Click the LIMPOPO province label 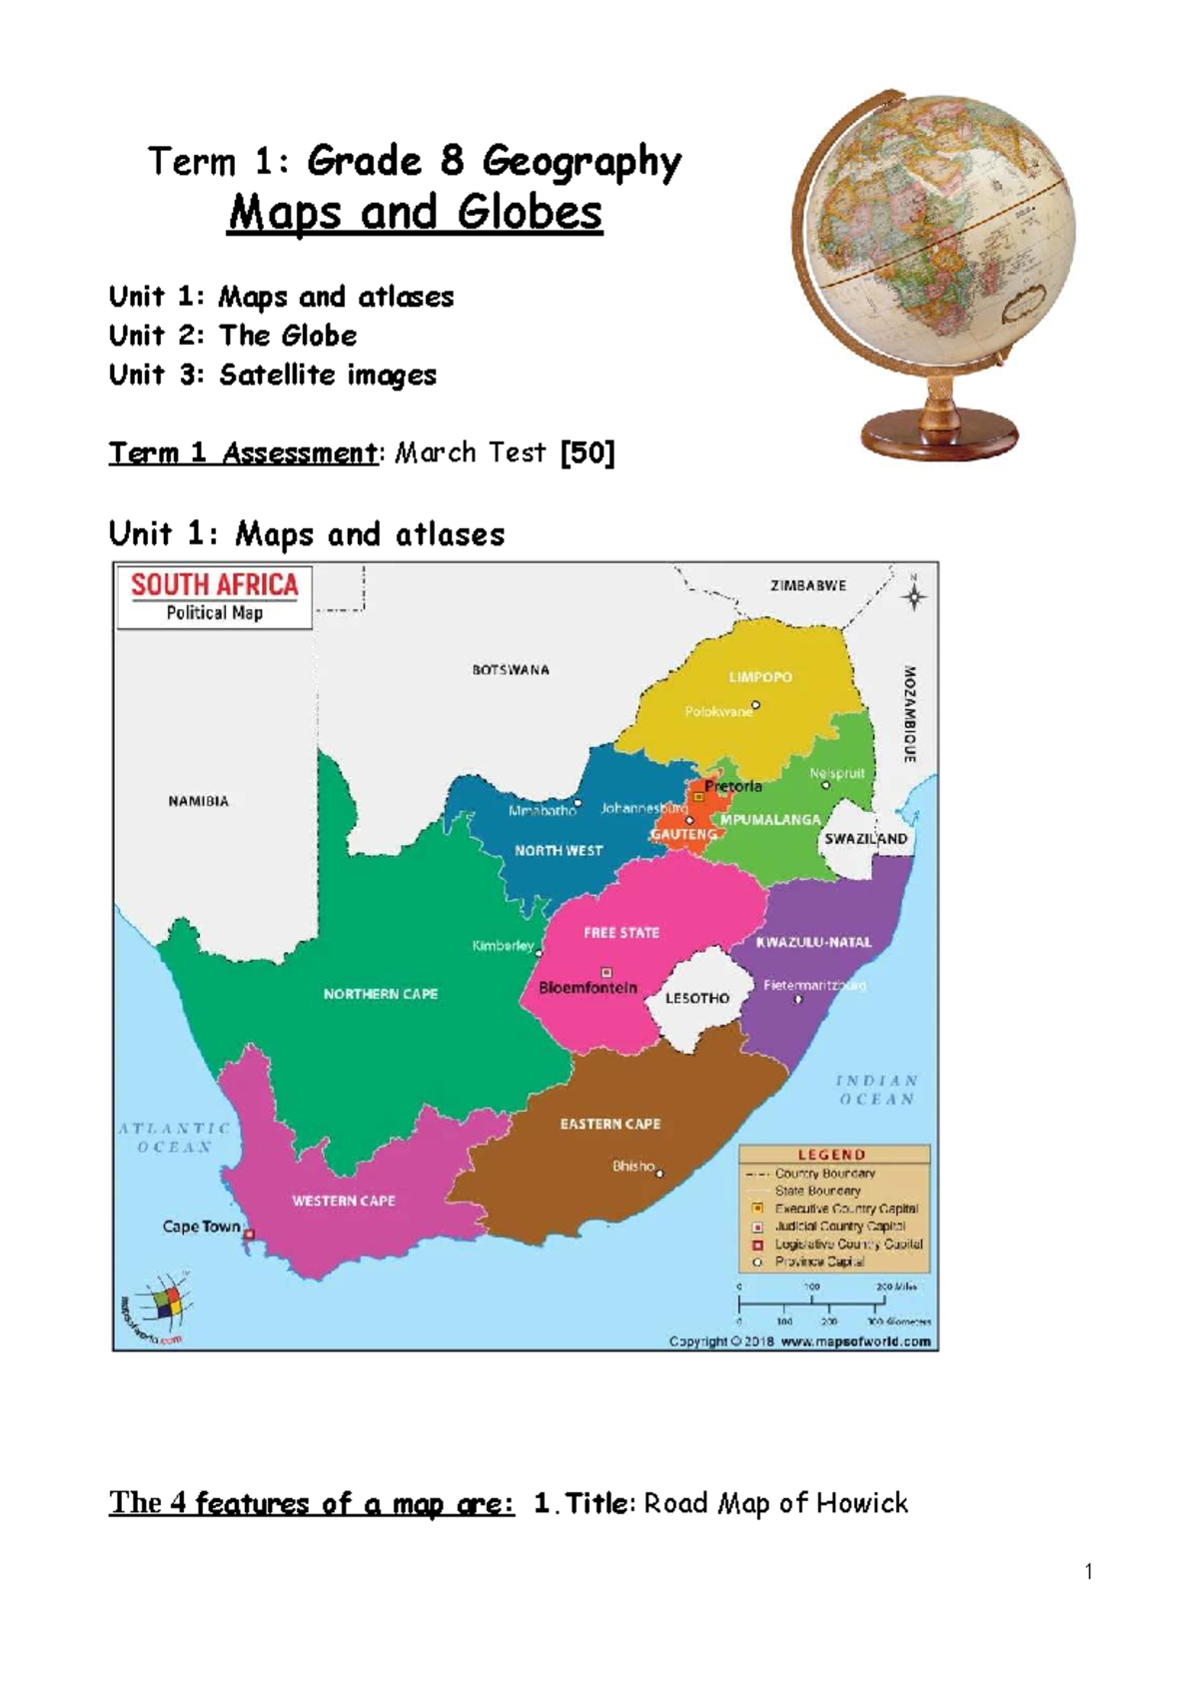pyautogui.click(x=759, y=677)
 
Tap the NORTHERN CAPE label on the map pyautogui.click(x=380, y=994)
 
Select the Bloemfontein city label pyautogui.click(x=588, y=988)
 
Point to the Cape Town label pyautogui.click(x=201, y=1227)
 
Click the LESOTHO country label pyautogui.click(x=696, y=998)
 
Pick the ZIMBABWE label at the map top pyautogui.click(x=807, y=586)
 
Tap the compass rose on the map pyautogui.click(x=913, y=596)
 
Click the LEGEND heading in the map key pyautogui.click(x=831, y=1155)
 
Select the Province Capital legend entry pyautogui.click(x=818, y=1262)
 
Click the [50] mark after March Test pyautogui.click(x=588, y=452)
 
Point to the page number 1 pyautogui.click(x=1088, y=1571)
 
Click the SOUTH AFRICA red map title pyautogui.click(x=214, y=585)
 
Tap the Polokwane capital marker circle pyautogui.click(x=755, y=705)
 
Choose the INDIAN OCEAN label pyautogui.click(x=876, y=1090)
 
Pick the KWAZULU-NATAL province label pyautogui.click(x=813, y=942)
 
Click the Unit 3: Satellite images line pyautogui.click(x=272, y=375)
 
